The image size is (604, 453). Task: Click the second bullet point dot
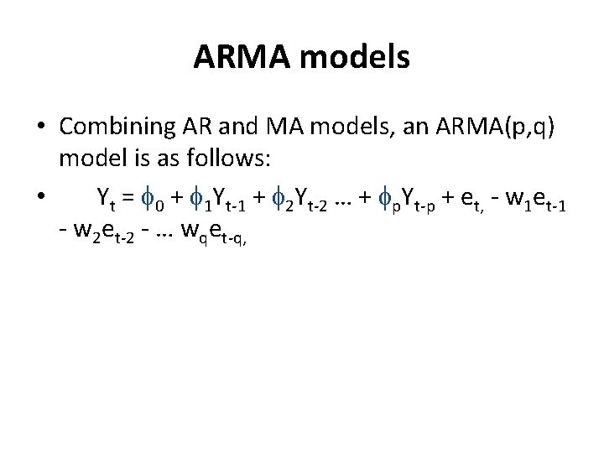tap(41, 198)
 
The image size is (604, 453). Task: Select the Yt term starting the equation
tap(106, 199)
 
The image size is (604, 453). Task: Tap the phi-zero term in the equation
tap(154, 200)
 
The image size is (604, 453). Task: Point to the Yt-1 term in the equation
tap(217, 200)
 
